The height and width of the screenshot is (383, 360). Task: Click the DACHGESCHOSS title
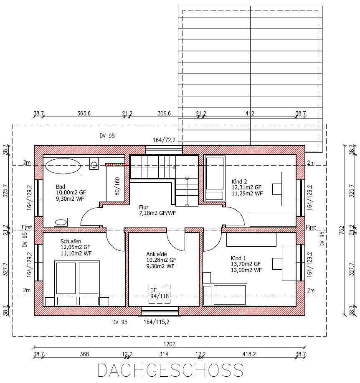pos(170,370)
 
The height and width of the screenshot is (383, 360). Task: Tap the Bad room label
pos(61,187)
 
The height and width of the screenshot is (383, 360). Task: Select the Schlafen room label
pos(71,241)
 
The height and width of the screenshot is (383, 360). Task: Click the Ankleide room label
pos(157,254)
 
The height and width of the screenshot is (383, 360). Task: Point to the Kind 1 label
pos(238,258)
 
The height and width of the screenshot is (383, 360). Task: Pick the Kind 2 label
pos(239,182)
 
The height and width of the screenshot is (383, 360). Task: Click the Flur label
pos(144,207)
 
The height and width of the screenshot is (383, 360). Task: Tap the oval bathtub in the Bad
pos(63,166)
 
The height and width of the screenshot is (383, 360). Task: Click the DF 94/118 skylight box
pos(160,294)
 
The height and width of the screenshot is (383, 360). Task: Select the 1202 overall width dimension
pos(169,344)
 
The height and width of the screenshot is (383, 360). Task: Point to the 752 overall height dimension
pos(342,230)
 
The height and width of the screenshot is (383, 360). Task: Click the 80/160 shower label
pos(117,186)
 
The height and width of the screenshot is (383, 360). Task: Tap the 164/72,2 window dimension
pos(164,140)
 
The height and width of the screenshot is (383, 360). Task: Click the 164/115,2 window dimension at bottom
pos(156,322)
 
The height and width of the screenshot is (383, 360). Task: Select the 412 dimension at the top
pos(250,113)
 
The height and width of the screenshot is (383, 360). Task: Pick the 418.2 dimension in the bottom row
pos(249,354)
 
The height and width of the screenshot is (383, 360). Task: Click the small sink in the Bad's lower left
pos(61,222)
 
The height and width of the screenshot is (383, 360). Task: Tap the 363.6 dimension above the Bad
pos(84,113)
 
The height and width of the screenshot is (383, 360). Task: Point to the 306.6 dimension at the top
pos(164,113)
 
